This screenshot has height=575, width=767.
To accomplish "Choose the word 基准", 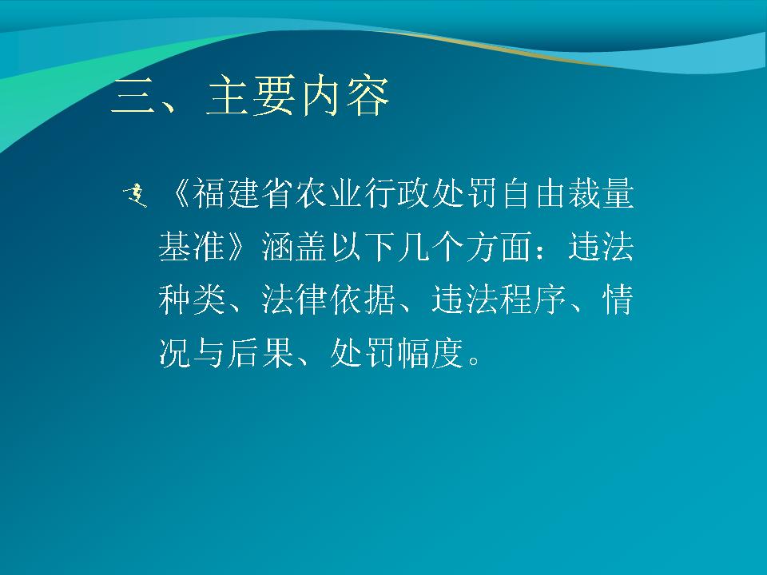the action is point(192,246).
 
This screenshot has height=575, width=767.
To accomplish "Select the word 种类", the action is point(192,299).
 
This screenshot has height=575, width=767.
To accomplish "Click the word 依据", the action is point(363,299).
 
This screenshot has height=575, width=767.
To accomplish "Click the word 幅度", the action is point(431,352).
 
